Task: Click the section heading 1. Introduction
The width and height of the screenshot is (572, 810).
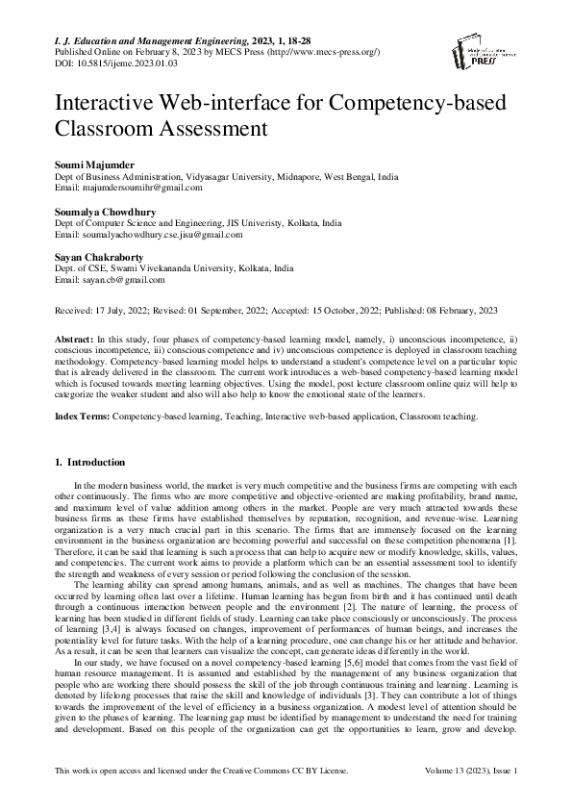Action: point(104,462)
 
